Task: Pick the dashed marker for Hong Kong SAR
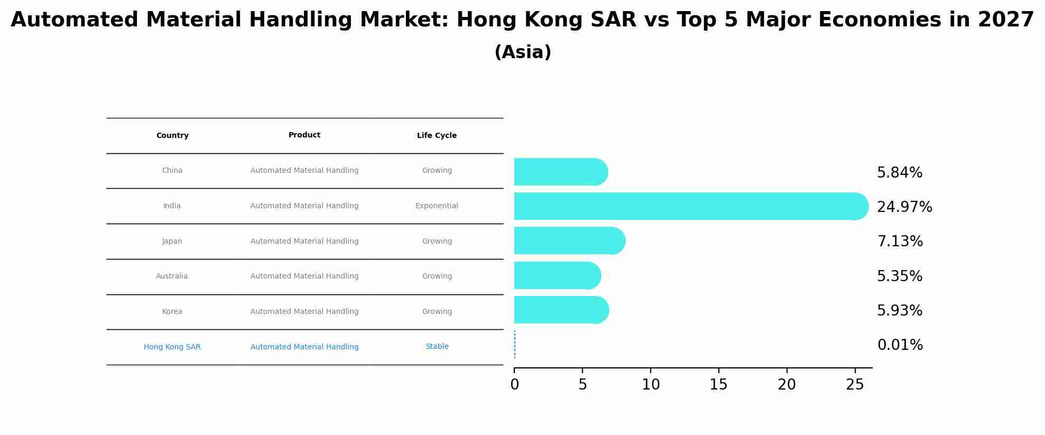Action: (515, 345)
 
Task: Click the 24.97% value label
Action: (904, 207)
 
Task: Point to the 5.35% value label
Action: (900, 276)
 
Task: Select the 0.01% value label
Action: (900, 345)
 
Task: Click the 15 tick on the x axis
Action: (719, 384)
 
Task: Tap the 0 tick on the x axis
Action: (514, 384)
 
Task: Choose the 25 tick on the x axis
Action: (855, 384)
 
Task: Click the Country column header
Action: (172, 135)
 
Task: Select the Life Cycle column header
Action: (437, 135)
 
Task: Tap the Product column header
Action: (304, 135)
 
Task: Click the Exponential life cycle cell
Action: (437, 206)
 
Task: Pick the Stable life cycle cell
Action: (437, 346)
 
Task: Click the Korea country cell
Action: (172, 311)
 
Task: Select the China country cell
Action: (172, 170)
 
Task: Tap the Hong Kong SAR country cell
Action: (172, 347)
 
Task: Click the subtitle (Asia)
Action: (523, 52)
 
